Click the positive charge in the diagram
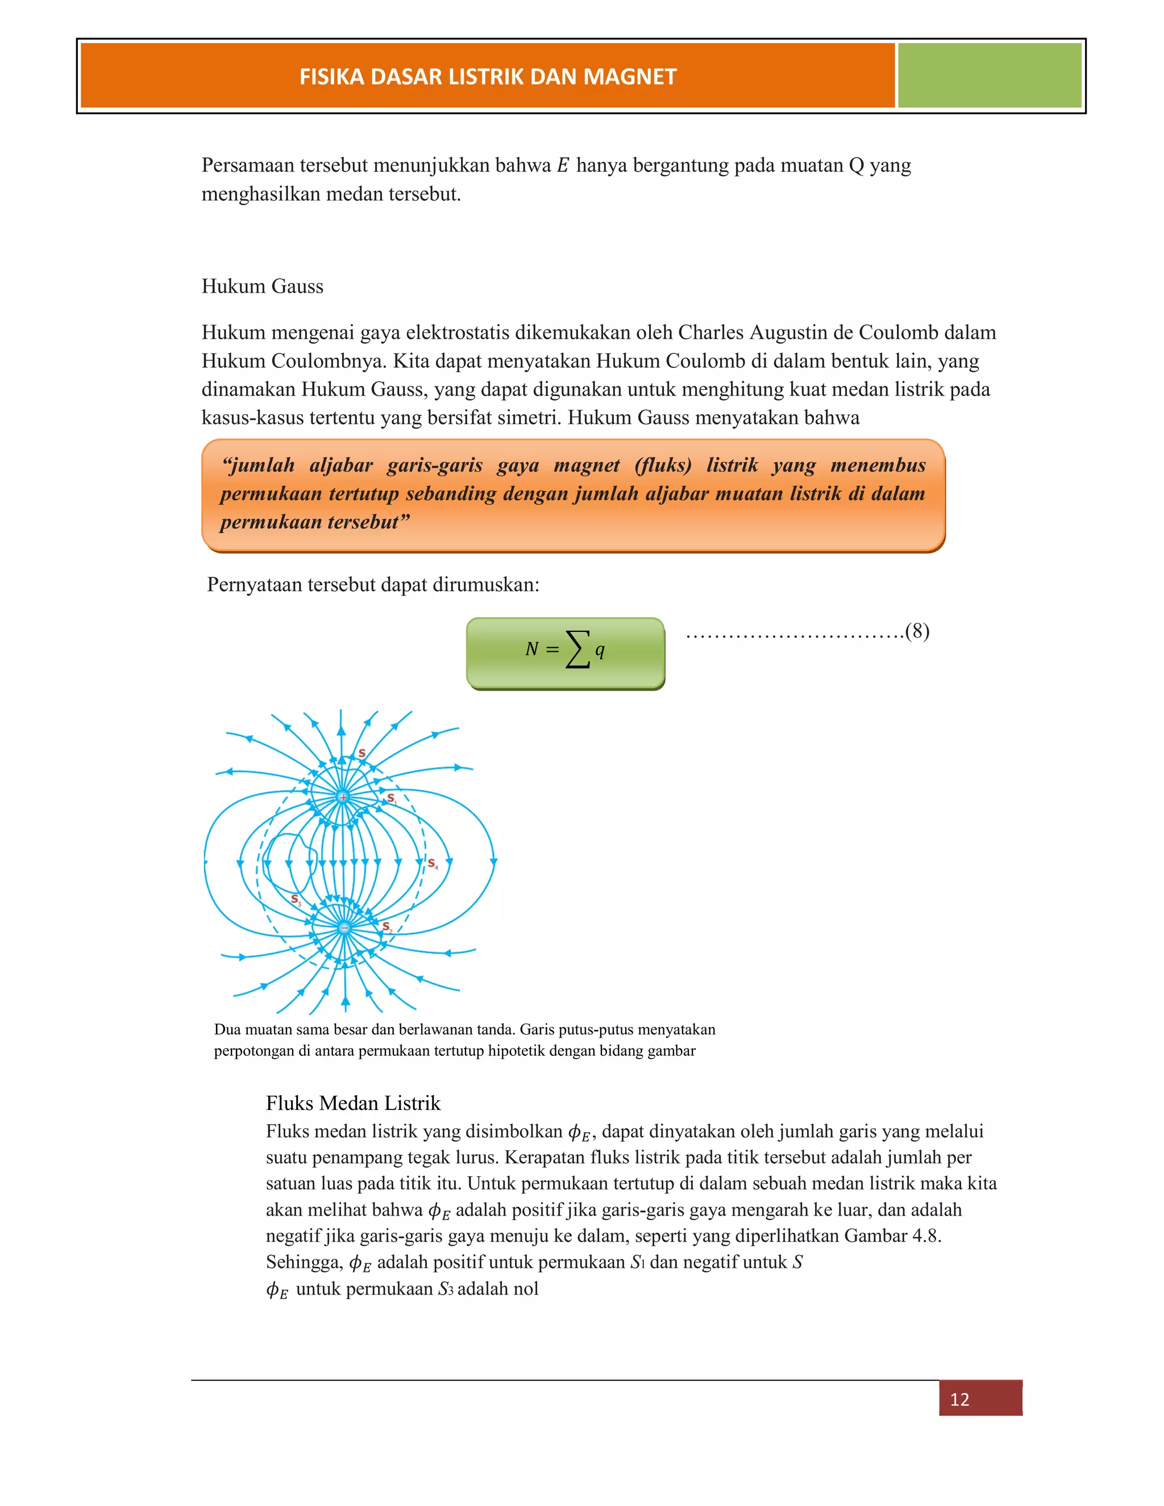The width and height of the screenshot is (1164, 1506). point(343,797)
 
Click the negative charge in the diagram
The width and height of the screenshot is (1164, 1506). point(344,928)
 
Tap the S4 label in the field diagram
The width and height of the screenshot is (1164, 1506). point(433,863)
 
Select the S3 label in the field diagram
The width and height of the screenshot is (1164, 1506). point(296,900)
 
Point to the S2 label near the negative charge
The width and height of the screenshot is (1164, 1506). point(387,927)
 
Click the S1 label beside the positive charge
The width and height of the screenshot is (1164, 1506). point(391,798)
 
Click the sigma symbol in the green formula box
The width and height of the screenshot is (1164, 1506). point(578,650)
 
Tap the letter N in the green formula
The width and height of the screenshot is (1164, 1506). point(531,650)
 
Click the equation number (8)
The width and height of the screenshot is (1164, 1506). point(917,631)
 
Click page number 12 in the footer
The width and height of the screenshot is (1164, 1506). point(959,1399)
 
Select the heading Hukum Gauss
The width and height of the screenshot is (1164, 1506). point(262,286)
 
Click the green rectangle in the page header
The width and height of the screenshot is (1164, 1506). point(989,75)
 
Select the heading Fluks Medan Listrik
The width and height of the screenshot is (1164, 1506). point(353,1103)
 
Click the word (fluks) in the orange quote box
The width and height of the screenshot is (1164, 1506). point(663,465)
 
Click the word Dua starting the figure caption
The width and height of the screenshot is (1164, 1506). point(227,1030)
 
